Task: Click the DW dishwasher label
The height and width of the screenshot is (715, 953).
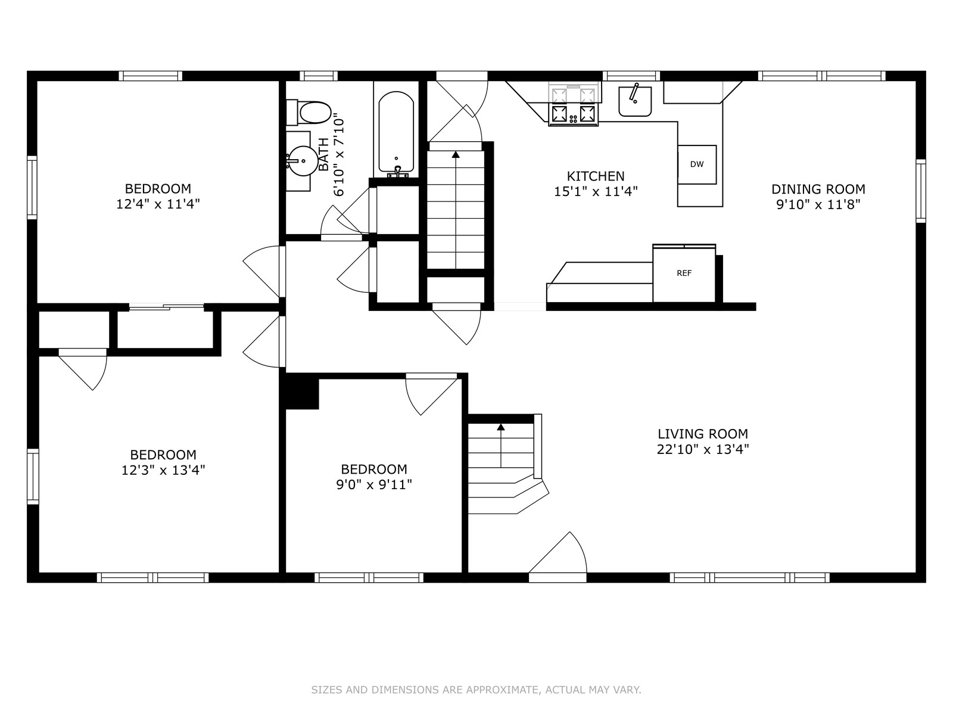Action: point(696,164)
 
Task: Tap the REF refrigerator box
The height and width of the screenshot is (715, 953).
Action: point(684,273)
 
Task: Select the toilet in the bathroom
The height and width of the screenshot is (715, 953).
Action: point(309,112)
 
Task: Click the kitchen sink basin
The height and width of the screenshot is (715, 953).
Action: point(635,101)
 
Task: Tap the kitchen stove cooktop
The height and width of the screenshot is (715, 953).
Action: point(574,114)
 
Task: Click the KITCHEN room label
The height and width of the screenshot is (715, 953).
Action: point(596,176)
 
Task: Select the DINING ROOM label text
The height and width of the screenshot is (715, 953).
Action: point(818,189)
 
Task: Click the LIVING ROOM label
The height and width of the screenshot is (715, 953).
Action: point(703,434)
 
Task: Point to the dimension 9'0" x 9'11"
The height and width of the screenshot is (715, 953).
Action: point(374,484)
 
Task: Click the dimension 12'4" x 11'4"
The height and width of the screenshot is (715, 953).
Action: point(158,204)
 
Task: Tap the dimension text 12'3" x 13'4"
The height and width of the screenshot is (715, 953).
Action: point(163,470)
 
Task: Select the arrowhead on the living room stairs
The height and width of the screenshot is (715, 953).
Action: point(501,427)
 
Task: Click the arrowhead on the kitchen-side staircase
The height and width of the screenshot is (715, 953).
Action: point(456,154)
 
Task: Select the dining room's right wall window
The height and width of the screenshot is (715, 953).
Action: point(921,191)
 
